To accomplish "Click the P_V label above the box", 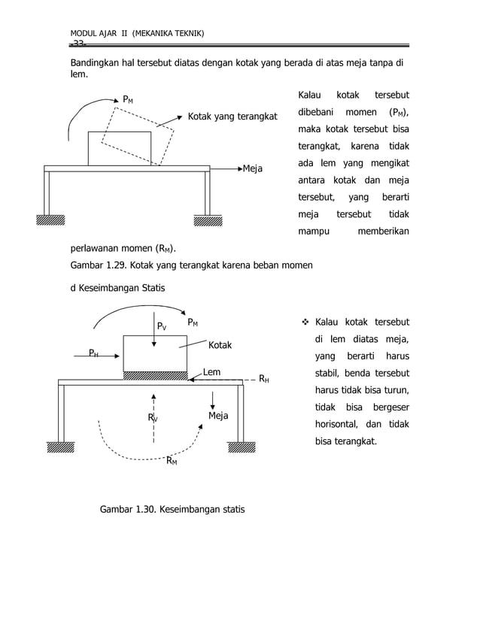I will pyautogui.click(x=161, y=326).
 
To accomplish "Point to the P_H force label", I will pyautogui.click(x=93, y=353).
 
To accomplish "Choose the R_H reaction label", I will pyautogui.click(x=263, y=380).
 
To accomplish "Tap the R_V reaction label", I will pyautogui.click(x=153, y=418).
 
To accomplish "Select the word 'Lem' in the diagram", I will pyautogui.click(x=211, y=371).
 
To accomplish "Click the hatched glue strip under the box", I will pyautogui.click(x=155, y=375).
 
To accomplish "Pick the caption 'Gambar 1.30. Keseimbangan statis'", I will pyautogui.click(x=172, y=510).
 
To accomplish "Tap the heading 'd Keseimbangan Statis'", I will pyautogui.click(x=118, y=287).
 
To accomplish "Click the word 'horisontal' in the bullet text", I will pyautogui.click(x=337, y=424).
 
